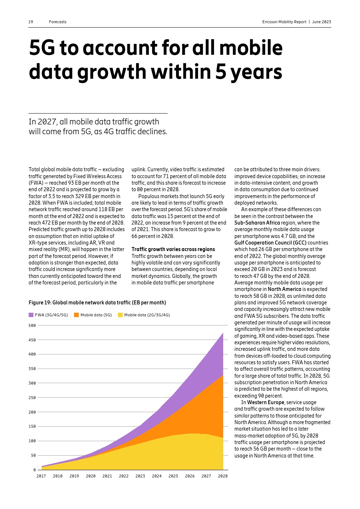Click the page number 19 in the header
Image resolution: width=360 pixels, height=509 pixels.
click(x=31, y=22)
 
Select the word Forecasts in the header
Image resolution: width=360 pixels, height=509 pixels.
click(x=58, y=22)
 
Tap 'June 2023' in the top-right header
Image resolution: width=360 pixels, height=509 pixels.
click(x=322, y=22)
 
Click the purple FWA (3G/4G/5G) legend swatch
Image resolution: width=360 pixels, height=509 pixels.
click(x=31, y=315)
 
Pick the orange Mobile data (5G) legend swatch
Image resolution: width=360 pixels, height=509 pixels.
click(x=76, y=315)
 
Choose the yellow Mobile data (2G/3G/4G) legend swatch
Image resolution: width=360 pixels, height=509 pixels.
click(x=120, y=315)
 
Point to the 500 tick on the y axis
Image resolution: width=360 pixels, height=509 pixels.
click(x=32, y=325)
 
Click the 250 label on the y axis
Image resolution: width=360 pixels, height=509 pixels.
click(x=32, y=398)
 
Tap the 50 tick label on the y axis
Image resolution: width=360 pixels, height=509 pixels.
click(x=33, y=455)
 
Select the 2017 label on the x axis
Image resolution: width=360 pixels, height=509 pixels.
click(x=41, y=476)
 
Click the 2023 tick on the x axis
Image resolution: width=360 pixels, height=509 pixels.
click(x=140, y=476)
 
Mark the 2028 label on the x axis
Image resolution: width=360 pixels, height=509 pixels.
click(x=223, y=476)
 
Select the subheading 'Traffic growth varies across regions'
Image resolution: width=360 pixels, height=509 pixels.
click(x=173, y=249)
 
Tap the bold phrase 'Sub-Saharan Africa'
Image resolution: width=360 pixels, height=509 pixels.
click(x=257, y=223)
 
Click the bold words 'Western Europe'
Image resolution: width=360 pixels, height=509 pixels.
click(x=266, y=402)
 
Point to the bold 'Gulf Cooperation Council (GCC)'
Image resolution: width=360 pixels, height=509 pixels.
click(x=270, y=243)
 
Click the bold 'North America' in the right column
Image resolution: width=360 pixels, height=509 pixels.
click(x=285, y=289)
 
